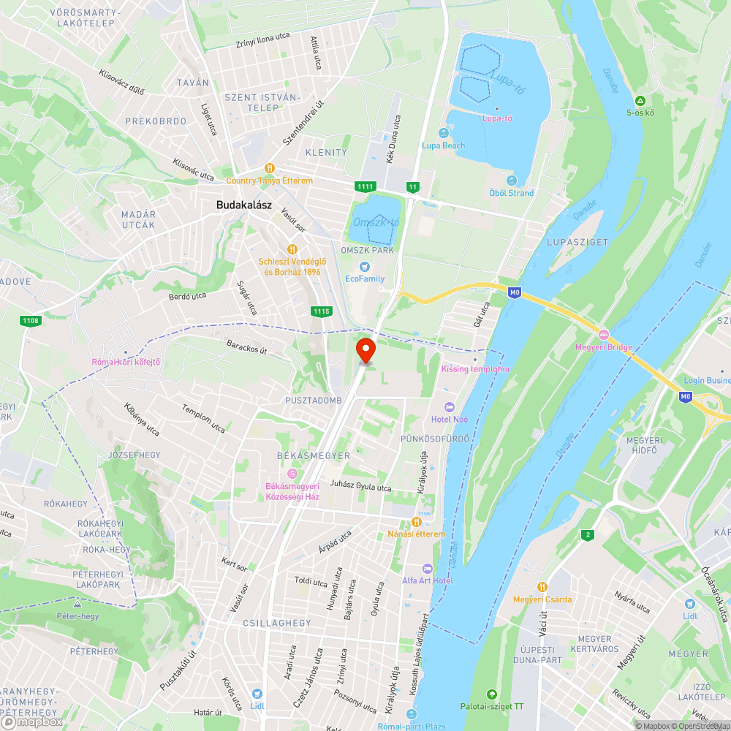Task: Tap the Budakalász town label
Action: tap(244, 205)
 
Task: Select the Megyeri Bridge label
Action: tap(604, 347)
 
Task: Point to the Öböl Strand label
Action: tap(512, 193)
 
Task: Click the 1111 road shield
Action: tap(365, 187)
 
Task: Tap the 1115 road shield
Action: tap(322, 311)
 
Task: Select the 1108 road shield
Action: tap(31, 320)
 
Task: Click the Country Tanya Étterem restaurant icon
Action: tap(270, 167)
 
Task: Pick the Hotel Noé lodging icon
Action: tap(450, 406)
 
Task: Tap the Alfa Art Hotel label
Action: tap(427, 580)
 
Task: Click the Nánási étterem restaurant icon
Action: tap(416, 522)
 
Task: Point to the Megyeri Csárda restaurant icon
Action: tap(542, 586)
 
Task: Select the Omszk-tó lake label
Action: tap(376, 221)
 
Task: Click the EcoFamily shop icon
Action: tap(364, 266)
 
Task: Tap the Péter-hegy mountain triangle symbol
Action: tap(77, 605)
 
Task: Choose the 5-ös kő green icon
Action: tap(640, 100)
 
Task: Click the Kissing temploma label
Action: tap(475, 369)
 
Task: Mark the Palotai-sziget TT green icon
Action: tap(491, 694)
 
